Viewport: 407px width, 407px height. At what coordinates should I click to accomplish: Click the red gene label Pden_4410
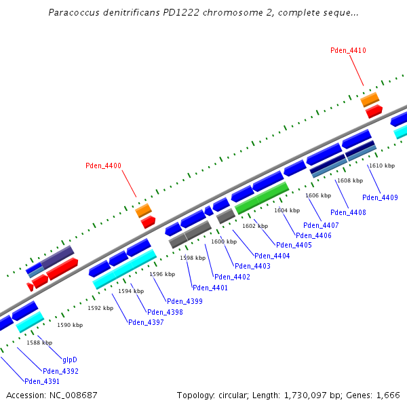pos(348,51)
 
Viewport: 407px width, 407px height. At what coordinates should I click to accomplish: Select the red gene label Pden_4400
pos(103,166)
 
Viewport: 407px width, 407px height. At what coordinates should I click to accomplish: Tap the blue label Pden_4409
pos(380,198)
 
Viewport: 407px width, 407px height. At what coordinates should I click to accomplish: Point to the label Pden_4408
pos(349,213)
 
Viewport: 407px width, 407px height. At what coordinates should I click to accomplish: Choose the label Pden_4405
pos(294,245)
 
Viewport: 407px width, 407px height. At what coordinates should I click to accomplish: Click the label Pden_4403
pos(252,267)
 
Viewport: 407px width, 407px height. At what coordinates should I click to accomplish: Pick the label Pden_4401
pos(210,288)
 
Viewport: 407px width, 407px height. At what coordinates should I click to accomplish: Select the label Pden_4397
pos(146,322)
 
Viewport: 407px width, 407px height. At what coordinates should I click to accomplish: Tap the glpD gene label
pos(70,360)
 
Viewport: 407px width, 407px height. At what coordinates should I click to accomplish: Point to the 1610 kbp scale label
pos(381,166)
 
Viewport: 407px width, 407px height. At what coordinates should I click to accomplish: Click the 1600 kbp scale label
pos(224,242)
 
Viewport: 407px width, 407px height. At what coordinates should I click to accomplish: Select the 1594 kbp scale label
pos(131,291)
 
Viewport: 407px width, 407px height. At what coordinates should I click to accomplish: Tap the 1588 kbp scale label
pos(39,343)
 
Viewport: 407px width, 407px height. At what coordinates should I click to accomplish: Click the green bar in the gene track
pos(262,198)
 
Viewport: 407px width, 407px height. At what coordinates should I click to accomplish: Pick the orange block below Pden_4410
pos(370,100)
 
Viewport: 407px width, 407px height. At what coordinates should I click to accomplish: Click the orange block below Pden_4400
pos(143,210)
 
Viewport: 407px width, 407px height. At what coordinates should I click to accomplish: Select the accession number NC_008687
pos(74,395)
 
